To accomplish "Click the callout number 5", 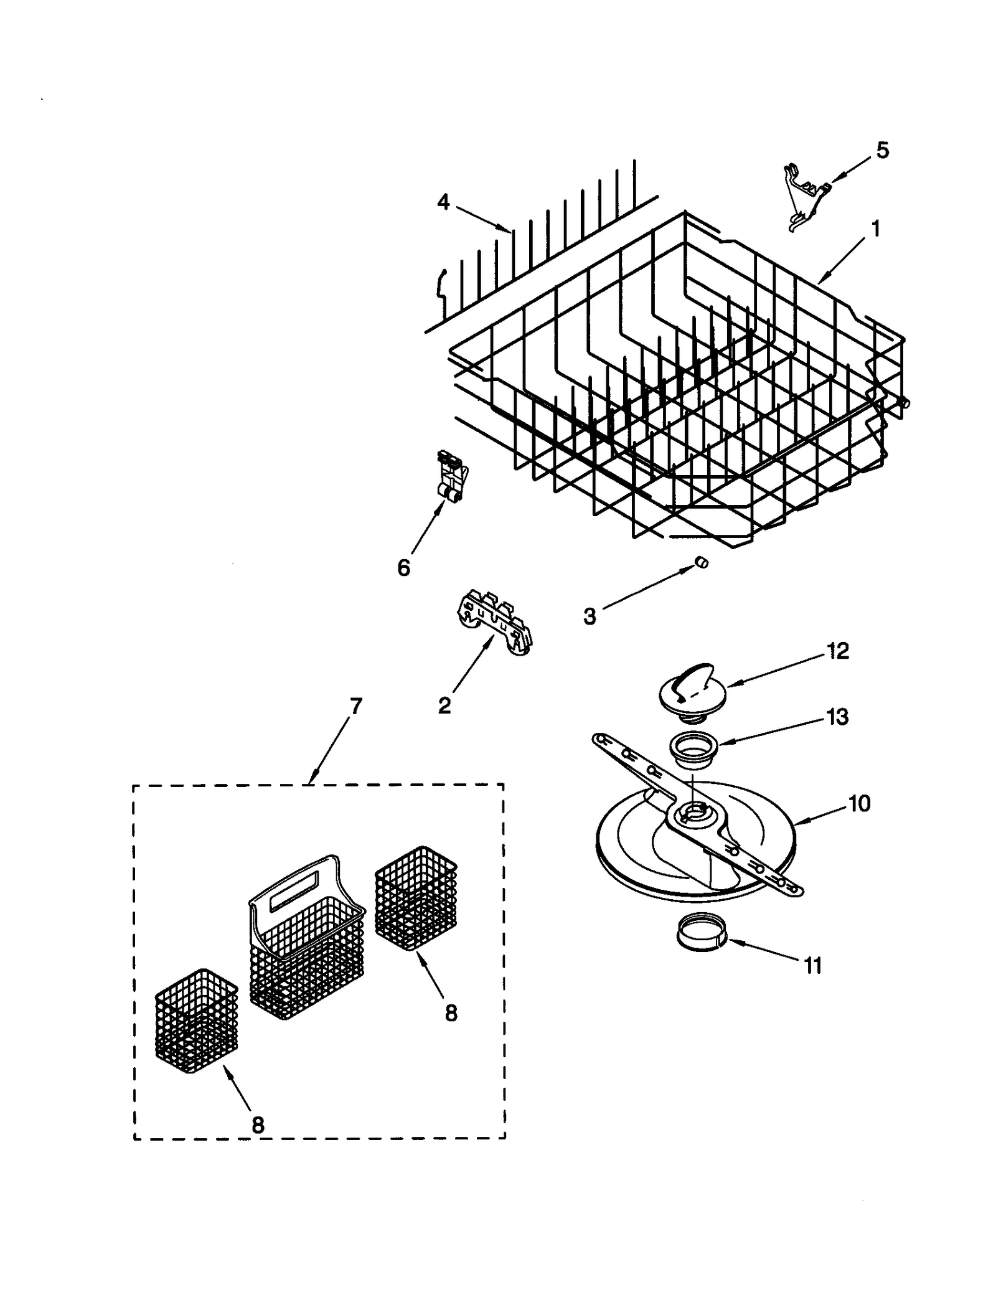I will click(882, 151).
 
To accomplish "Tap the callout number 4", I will click(443, 202).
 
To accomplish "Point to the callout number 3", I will click(589, 616).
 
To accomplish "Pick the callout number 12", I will click(838, 651).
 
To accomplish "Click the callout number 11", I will click(813, 966).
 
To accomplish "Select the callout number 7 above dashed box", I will click(355, 706).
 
